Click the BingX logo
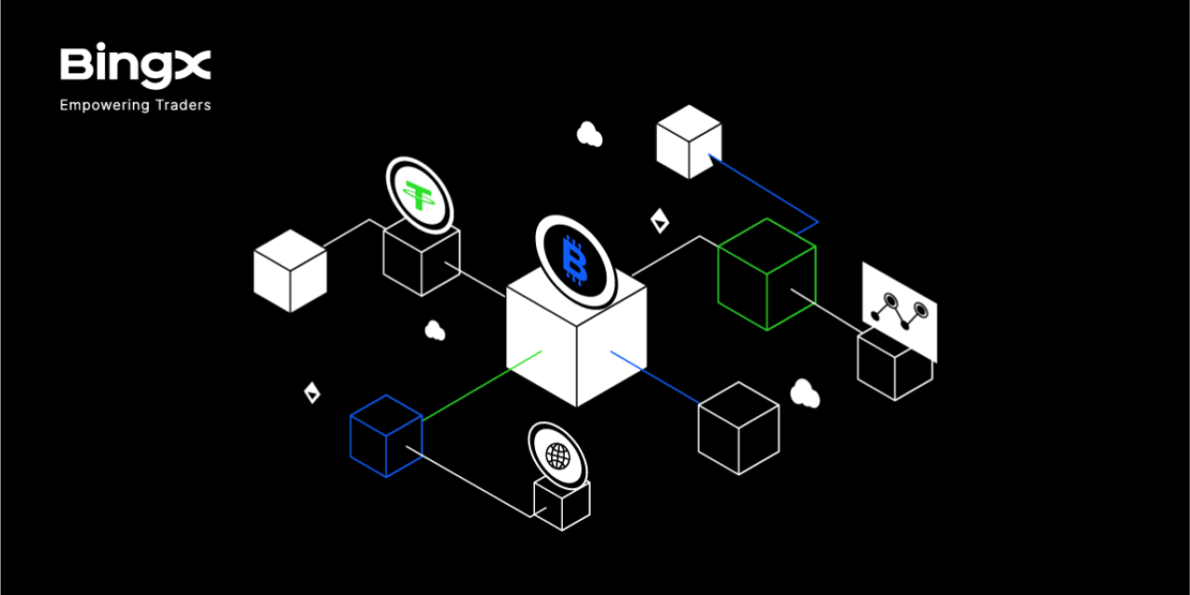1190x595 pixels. (x=136, y=65)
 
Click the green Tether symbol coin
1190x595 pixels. (x=420, y=195)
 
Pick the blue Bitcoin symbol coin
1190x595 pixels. (x=576, y=261)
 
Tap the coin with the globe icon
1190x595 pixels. (x=558, y=456)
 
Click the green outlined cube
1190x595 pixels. (x=767, y=274)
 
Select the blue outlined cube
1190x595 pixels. (x=386, y=436)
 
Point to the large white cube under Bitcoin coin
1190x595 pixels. (x=577, y=339)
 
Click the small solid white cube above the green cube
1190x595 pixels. (x=689, y=141)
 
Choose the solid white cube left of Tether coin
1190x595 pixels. (x=290, y=271)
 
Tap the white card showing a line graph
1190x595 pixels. (x=900, y=312)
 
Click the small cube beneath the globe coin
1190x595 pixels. (x=562, y=504)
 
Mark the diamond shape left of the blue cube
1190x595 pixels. (x=312, y=392)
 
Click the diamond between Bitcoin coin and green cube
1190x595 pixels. (x=660, y=221)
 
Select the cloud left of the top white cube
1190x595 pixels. (x=589, y=134)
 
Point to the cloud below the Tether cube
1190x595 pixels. (x=435, y=330)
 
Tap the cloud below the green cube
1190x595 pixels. (x=805, y=393)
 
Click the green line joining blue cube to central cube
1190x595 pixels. (x=482, y=386)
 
